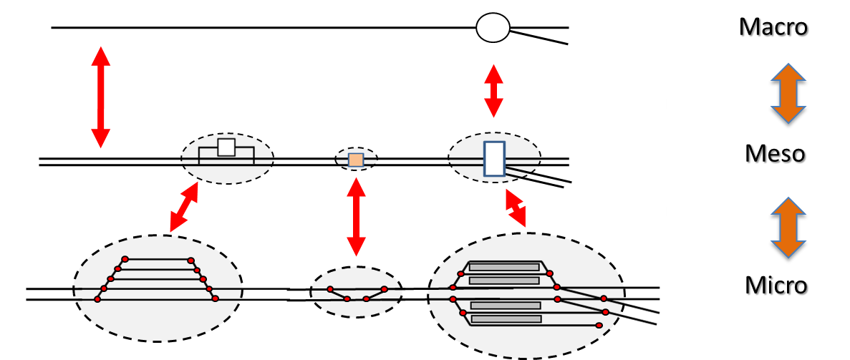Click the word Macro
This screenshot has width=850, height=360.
pos(774,29)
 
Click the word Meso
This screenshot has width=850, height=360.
pos(776,155)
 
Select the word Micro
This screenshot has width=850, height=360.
pos(777,287)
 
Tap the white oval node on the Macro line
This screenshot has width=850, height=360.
pos(493,28)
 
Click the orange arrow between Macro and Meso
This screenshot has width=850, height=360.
pos(788,95)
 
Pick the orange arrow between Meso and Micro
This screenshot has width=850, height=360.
pos(788,228)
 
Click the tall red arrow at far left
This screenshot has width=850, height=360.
pos(100,97)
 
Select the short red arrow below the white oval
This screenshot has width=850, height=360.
pos(493,90)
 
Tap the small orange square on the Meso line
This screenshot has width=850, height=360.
pos(356,160)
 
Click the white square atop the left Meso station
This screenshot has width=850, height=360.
pos(226,147)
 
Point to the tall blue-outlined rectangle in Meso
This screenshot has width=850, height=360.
pos(494,159)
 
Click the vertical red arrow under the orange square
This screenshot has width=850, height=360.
pos(356,216)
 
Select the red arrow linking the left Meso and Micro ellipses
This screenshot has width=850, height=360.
pos(184,207)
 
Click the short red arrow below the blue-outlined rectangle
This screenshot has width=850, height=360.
pos(515,208)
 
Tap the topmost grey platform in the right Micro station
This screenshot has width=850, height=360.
pos(504,267)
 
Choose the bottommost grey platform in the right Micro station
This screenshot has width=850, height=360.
pos(506,318)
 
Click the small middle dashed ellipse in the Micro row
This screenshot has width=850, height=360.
pos(356,292)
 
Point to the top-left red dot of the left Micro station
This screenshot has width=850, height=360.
pos(125,259)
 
